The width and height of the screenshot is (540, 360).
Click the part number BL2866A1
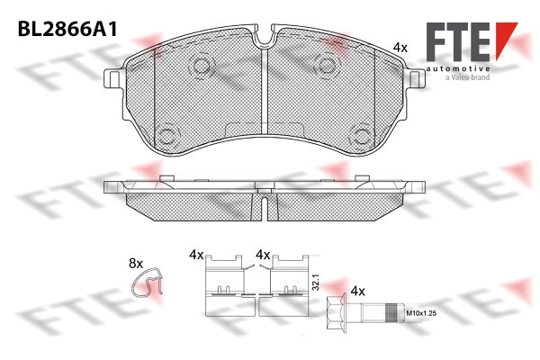(x=67, y=29)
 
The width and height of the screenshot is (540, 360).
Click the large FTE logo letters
(x=458, y=41)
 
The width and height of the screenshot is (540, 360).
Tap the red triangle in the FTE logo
(x=506, y=40)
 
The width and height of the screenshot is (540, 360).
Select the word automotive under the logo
(x=458, y=68)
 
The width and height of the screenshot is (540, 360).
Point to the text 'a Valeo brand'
(x=467, y=77)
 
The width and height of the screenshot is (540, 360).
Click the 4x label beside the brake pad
(x=400, y=48)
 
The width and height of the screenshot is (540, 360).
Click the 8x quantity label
(x=136, y=264)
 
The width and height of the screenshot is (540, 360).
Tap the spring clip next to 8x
(x=147, y=282)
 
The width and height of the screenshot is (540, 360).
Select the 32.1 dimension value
(x=317, y=283)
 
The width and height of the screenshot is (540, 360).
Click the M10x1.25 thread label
(x=421, y=313)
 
